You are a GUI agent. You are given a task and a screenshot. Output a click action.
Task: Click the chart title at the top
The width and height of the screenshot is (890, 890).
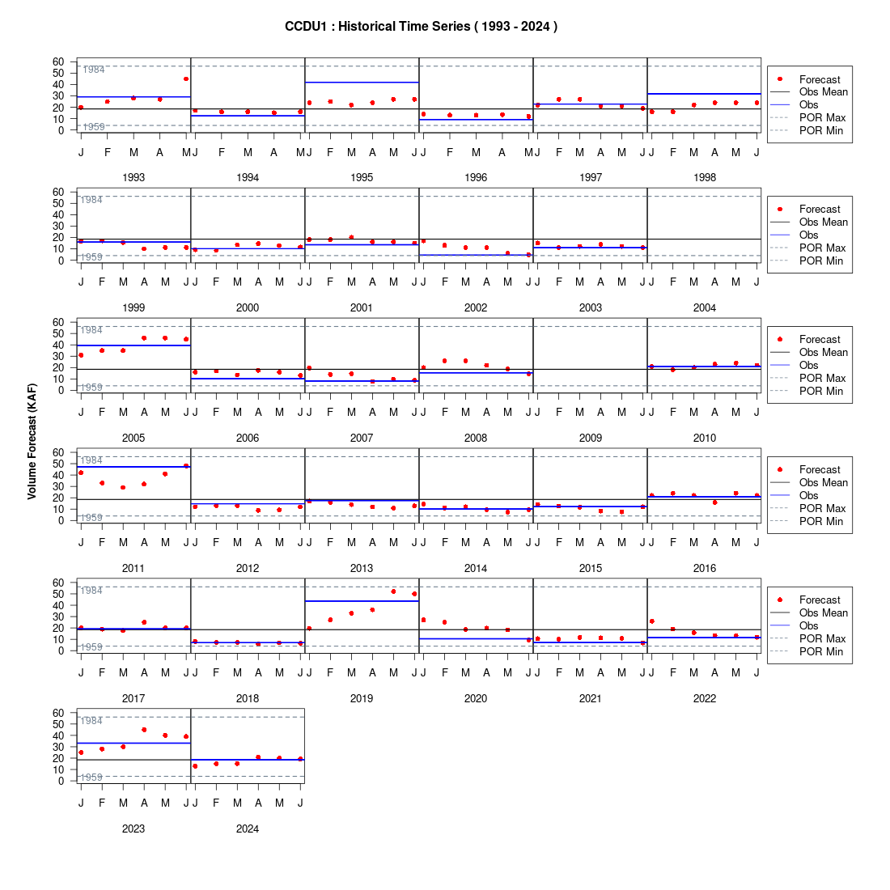click(x=421, y=27)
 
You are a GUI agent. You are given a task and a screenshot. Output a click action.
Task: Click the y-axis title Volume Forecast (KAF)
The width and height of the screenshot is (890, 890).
click(x=32, y=442)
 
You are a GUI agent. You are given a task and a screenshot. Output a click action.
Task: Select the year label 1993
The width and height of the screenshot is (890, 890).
click(x=133, y=178)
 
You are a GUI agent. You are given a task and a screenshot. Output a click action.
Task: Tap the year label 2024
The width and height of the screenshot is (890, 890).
click(x=248, y=829)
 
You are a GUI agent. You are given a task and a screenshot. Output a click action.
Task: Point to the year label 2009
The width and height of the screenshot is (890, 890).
click(x=591, y=439)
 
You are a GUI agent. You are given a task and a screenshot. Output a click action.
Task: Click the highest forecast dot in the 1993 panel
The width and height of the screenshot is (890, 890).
click(x=186, y=79)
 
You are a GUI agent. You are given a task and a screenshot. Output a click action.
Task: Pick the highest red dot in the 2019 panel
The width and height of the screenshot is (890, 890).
click(x=393, y=591)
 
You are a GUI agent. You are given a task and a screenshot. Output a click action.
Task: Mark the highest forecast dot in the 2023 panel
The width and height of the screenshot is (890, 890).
click(x=144, y=730)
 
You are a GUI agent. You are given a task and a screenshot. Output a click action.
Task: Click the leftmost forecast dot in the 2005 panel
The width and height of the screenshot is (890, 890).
click(x=81, y=355)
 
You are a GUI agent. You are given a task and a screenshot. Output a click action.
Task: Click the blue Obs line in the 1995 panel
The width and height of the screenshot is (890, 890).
click(x=362, y=83)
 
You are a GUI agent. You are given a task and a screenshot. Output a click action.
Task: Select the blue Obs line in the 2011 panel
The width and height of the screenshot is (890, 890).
click(x=133, y=467)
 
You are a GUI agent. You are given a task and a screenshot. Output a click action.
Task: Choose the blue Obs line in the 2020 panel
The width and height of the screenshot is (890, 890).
click(x=476, y=639)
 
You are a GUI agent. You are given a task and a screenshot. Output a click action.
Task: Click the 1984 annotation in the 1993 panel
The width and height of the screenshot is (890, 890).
click(x=94, y=70)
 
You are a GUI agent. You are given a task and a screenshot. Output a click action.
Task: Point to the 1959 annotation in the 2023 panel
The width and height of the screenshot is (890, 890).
click(x=91, y=777)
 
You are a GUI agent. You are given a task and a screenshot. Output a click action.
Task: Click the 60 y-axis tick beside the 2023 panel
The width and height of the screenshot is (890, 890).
click(x=58, y=713)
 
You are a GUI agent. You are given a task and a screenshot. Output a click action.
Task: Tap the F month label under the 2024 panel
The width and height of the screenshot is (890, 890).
click(x=216, y=803)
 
